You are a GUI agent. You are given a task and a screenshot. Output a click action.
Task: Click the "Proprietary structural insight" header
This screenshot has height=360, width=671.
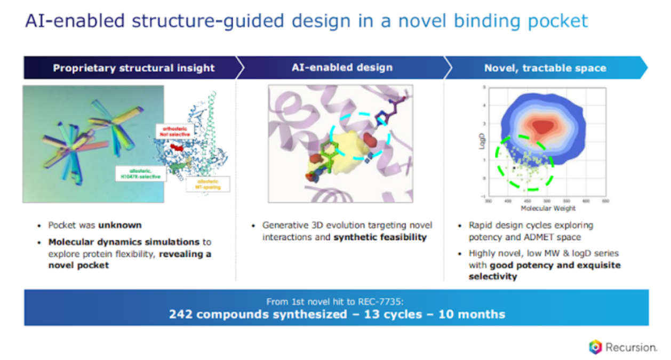pos(133,68)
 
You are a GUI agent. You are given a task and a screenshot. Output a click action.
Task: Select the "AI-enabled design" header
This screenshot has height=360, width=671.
pos(342,67)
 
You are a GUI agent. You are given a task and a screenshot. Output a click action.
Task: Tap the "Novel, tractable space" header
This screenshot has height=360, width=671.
pos(545,68)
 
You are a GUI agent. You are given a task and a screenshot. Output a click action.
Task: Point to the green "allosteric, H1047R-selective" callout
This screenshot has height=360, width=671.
pos(140,173)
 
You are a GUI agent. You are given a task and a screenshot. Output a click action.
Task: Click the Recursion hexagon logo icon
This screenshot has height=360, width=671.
pos(595,347)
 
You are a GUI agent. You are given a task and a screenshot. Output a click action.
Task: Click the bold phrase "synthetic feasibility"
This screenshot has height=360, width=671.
pos(380,237)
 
